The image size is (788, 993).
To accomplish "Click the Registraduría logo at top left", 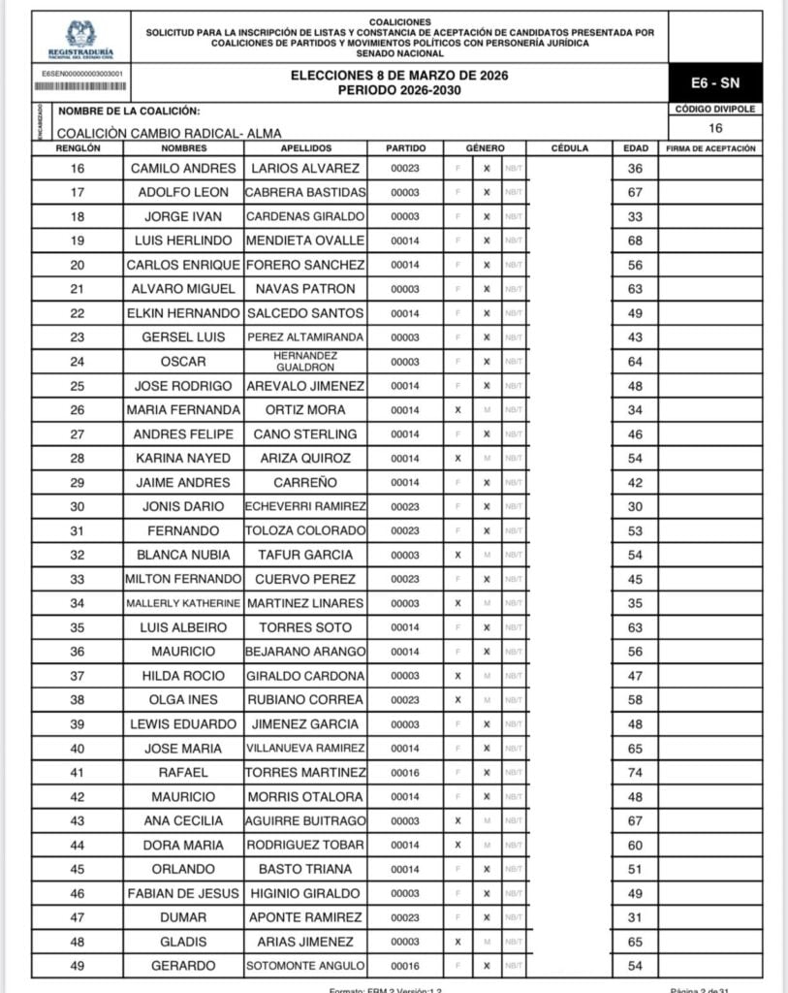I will tap(80, 38).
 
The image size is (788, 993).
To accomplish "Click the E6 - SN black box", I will tap(715, 83).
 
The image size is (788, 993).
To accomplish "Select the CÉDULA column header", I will tap(569, 148).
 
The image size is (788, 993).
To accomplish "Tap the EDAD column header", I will tap(635, 148).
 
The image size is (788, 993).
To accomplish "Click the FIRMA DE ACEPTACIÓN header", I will tap(710, 148).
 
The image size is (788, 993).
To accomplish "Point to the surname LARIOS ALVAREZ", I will tap(305, 169).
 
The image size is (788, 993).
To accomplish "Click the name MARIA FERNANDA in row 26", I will tap(183, 410).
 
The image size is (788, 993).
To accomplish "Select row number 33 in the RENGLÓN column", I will tap(79, 579).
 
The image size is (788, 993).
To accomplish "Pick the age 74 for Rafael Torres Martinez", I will tap(635, 773).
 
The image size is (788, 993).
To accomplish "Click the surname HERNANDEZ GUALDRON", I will tap(305, 362).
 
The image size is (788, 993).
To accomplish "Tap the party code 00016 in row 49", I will tap(404, 966).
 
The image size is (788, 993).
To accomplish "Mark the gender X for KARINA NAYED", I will tap(457, 459).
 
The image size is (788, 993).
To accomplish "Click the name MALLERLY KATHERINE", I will tap(183, 603).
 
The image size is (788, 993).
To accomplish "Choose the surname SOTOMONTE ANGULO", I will tap(305, 966).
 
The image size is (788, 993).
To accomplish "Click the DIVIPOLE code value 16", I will tap(715, 128).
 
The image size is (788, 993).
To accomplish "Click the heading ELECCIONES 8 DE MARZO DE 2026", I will tap(399, 76).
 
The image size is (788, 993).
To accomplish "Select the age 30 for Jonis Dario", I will tap(635, 507).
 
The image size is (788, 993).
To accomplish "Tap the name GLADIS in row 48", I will tap(183, 942).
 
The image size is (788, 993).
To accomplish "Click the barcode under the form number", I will tap(81, 86).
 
